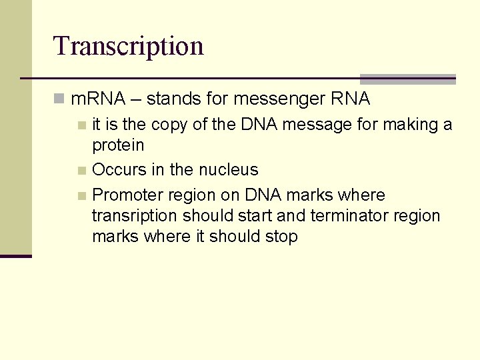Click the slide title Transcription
(x=128, y=46)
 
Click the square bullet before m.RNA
(x=60, y=100)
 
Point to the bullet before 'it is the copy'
(x=81, y=125)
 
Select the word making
(x=411, y=125)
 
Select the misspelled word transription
(x=135, y=216)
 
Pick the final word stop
(x=281, y=237)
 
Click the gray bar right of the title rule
(x=407, y=79)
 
